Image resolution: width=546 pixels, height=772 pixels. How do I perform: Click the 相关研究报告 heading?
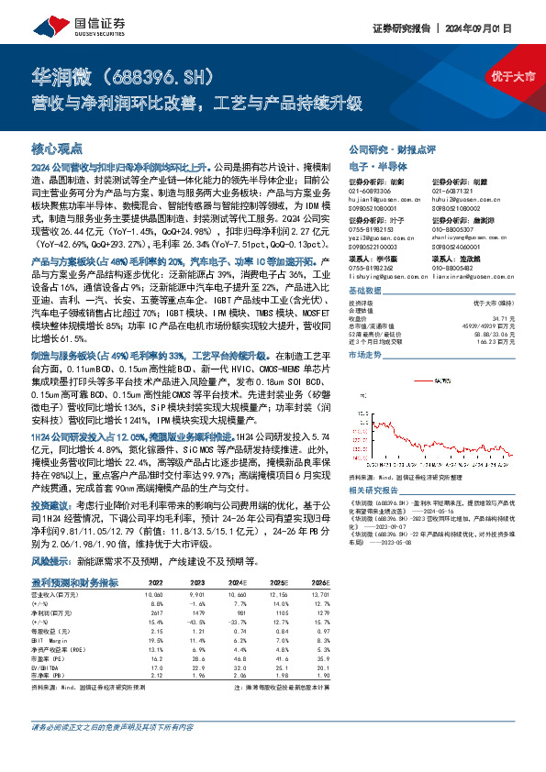pyautogui.click(x=374, y=493)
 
